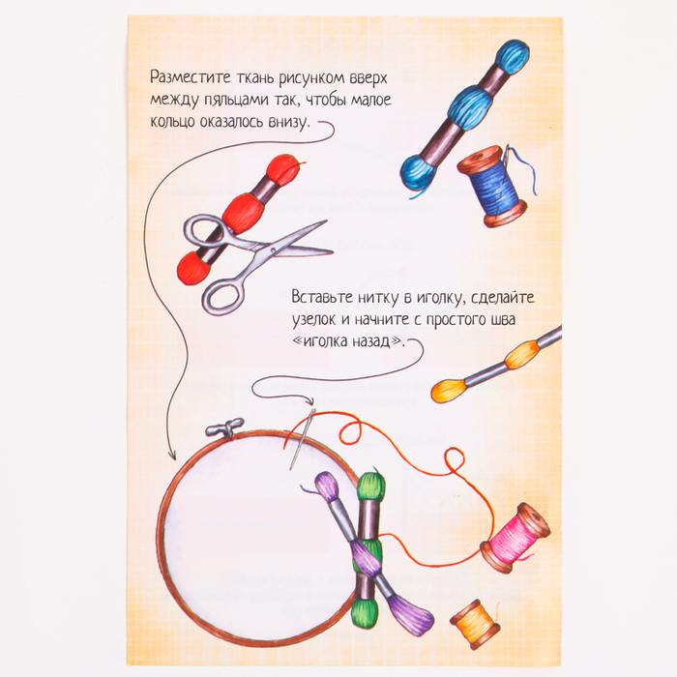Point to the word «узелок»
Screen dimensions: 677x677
[316, 319]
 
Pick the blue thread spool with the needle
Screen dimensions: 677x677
[493, 187]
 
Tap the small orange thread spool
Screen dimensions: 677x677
[475, 624]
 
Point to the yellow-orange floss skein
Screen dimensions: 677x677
[496, 365]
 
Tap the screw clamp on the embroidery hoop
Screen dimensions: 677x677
[225, 428]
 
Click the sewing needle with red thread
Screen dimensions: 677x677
[302, 439]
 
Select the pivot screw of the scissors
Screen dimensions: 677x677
[272, 250]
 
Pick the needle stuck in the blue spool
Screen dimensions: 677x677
[506, 163]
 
